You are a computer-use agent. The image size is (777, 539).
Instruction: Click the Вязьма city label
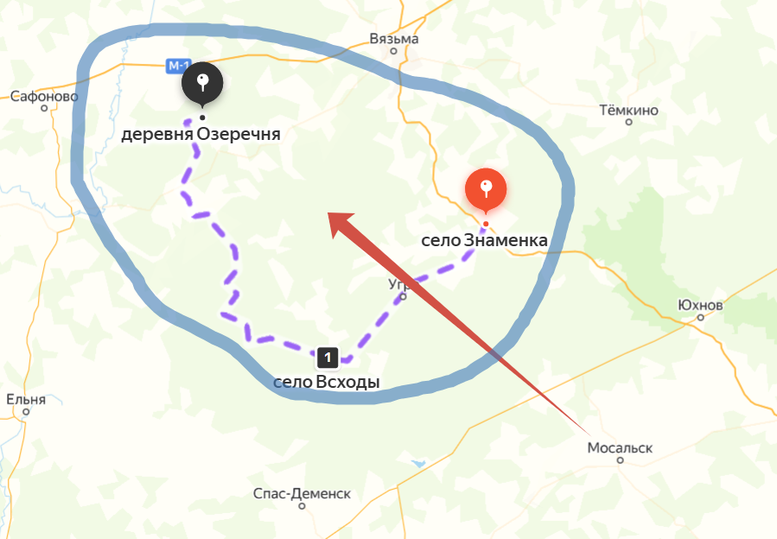[393, 39]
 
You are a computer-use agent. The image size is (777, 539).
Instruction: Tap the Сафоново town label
[44, 97]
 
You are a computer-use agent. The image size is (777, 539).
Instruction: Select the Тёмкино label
[628, 111]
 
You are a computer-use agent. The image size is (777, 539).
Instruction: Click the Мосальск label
[620, 448]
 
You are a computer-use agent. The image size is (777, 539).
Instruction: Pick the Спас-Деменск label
[302, 493]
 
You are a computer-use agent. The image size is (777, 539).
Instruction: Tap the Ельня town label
[25, 399]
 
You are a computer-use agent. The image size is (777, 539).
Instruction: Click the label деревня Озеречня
[201, 135]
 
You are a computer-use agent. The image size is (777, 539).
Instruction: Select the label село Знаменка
[484, 240]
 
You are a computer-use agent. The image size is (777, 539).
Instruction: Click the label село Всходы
[327, 381]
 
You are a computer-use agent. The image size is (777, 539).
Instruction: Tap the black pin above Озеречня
[202, 84]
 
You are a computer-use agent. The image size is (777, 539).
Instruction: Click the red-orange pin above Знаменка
[486, 189]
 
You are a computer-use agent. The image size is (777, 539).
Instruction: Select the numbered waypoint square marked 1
[328, 356]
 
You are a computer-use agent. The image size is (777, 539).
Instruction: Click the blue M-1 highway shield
[178, 66]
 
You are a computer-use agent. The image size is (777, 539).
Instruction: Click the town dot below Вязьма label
[393, 51]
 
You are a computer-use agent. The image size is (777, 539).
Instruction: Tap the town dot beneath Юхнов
[700, 317]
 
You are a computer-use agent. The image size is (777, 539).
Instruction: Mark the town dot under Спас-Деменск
[302, 506]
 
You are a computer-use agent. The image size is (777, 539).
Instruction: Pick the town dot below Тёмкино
[628, 122]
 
